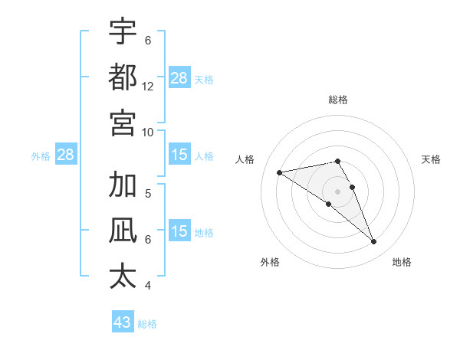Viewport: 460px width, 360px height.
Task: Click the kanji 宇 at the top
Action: point(123,32)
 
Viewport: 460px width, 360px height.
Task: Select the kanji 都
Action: point(123,77)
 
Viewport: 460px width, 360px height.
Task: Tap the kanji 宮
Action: point(123,123)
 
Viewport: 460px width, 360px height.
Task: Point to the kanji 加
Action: point(123,185)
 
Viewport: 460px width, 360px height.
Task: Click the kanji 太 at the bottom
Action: point(123,276)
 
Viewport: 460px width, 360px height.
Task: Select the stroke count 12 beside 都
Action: point(148,87)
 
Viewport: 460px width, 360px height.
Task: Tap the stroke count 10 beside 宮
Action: point(148,132)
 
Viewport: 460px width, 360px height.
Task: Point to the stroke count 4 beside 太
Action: point(148,286)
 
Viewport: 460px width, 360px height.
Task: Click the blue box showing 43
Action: point(123,322)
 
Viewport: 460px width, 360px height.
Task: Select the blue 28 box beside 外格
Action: point(66,155)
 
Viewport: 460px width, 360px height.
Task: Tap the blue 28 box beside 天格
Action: point(179,78)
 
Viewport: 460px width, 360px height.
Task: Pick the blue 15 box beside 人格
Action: point(179,155)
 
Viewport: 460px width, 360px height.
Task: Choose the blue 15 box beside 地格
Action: point(179,231)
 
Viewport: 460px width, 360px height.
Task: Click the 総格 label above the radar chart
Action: point(338,100)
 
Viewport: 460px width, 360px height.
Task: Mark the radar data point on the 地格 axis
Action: point(374,242)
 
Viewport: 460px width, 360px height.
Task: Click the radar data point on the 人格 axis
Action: point(279,172)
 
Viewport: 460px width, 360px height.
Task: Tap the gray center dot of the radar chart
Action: point(338,191)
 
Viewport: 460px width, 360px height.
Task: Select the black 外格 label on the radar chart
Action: point(270,262)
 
